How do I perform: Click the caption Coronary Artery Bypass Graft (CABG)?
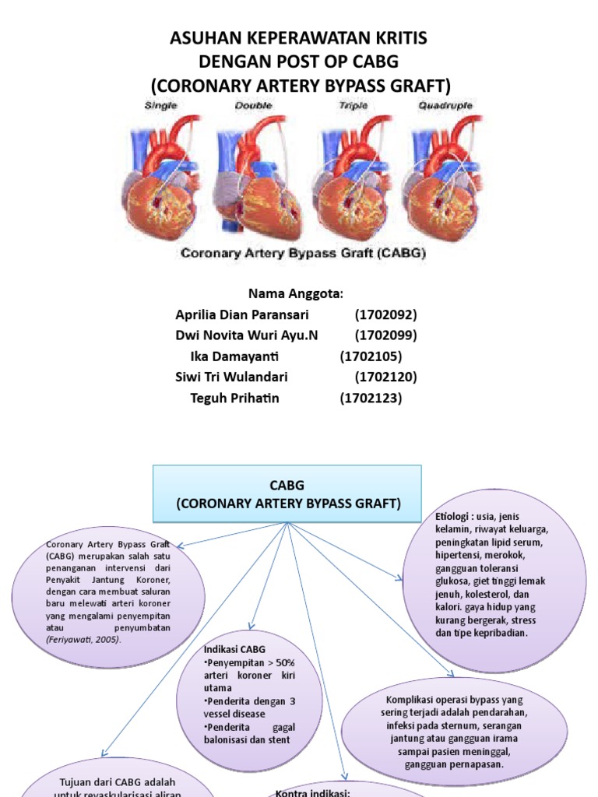click(x=303, y=253)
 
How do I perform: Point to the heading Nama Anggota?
click(x=295, y=293)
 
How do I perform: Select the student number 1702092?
click(x=385, y=314)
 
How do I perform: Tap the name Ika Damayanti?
click(x=234, y=356)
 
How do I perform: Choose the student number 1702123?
click(x=371, y=398)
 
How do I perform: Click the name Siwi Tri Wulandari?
click(x=231, y=377)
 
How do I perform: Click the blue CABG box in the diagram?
click(x=287, y=493)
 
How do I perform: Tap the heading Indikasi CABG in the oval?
click(x=234, y=649)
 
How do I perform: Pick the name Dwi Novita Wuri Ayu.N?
click(x=247, y=335)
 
